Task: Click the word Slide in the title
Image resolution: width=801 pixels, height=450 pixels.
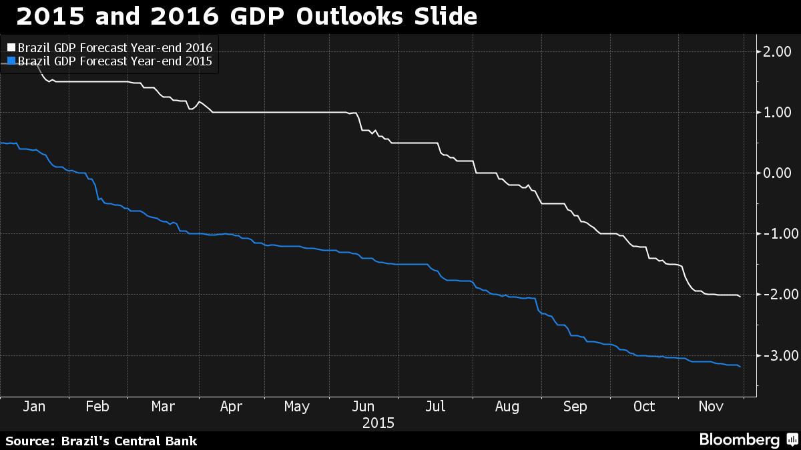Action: tap(445, 16)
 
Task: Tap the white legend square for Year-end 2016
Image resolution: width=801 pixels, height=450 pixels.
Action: tap(11, 47)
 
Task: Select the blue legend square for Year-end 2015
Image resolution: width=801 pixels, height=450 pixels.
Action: tap(11, 61)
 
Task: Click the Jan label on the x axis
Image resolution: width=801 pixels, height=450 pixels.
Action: tap(34, 407)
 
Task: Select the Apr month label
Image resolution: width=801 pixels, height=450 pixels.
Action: tap(231, 407)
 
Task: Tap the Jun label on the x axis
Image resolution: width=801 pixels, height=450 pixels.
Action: tap(363, 407)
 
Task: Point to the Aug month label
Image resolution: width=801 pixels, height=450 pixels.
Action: tap(507, 407)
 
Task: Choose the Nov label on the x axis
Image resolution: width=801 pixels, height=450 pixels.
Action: tap(711, 407)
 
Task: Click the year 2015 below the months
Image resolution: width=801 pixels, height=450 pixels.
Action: tap(378, 423)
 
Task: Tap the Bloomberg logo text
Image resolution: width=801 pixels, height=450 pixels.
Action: tap(740, 439)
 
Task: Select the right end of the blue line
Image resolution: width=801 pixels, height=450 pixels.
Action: tap(740, 367)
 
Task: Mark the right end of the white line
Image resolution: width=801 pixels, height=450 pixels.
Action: tap(740, 297)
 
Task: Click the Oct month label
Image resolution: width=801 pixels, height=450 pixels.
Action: tap(644, 407)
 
